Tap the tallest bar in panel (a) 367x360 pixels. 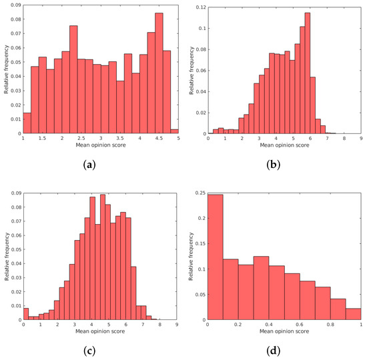pyautogui.click(x=159, y=73)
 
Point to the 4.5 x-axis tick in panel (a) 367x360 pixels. pyautogui.click(x=159, y=139)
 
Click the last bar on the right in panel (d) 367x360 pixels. pyautogui.click(x=354, y=313)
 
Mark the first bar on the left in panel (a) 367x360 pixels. pyautogui.click(x=27, y=123)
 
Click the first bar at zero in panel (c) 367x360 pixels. pyautogui.click(x=25, y=313)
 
